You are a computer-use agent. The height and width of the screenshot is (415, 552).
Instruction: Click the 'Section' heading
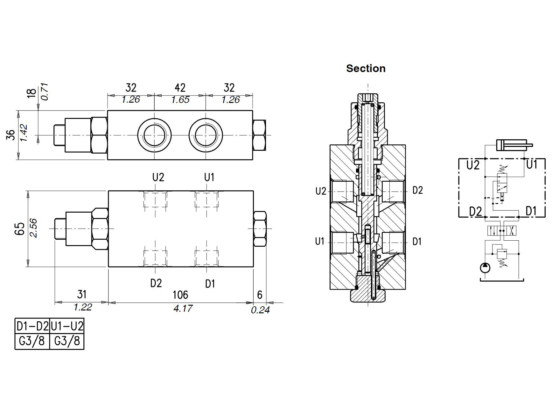[366, 69]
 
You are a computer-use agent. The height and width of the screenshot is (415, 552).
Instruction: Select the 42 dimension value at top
[180, 88]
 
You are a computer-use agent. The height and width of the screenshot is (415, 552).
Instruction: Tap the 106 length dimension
[180, 295]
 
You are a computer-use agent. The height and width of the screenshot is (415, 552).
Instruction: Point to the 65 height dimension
[20, 229]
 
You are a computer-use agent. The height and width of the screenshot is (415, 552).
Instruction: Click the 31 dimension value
[82, 295]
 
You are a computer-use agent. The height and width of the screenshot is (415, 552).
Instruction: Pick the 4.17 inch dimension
[183, 309]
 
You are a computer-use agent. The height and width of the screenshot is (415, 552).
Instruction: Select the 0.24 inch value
[260, 310]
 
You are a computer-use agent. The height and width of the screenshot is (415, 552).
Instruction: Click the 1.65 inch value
[180, 100]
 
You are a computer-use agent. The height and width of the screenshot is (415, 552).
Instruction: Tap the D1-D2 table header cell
[32, 326]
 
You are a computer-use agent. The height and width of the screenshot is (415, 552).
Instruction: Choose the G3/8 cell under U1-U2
[67, 341]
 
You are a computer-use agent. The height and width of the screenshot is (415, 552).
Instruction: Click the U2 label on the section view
[321, 191]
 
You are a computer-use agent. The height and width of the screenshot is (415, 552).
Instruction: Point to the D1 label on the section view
[417, 242]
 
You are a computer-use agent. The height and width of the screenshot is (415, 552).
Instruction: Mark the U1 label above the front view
[209, 177]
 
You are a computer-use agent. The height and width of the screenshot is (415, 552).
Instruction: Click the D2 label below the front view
[156, 283]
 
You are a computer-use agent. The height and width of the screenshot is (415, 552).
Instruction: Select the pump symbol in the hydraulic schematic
[485, 268]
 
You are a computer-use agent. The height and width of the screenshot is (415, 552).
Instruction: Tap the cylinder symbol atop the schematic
[512, 145]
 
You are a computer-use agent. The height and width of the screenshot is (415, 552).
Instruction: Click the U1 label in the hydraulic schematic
[532, 164]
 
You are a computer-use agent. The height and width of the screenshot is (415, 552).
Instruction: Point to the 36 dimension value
[11, 135]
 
